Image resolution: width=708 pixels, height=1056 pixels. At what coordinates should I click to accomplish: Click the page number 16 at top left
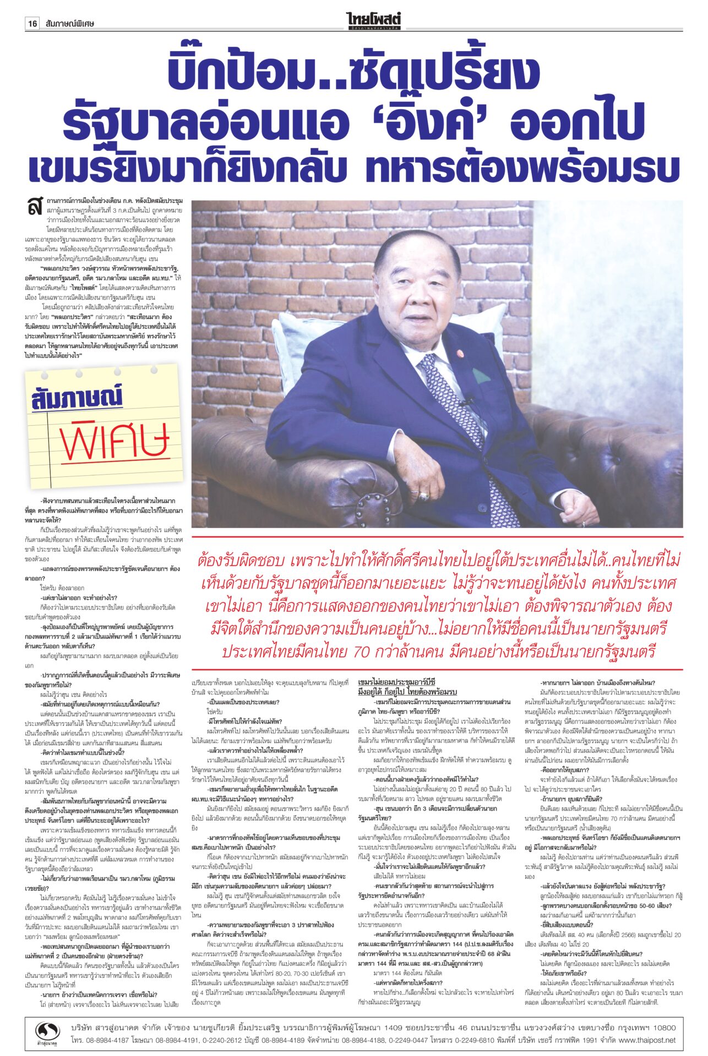point(32,24)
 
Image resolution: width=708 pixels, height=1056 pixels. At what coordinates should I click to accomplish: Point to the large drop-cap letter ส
point(35,206)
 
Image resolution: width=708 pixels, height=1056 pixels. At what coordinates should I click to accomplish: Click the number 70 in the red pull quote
point(361,652)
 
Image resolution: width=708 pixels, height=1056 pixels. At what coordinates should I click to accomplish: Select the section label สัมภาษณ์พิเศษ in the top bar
point(70,24)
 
